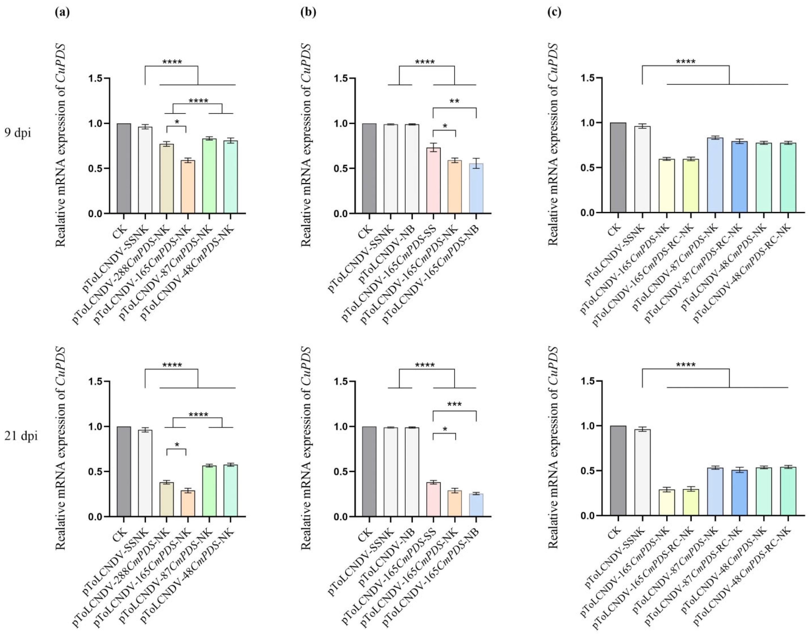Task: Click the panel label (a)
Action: click(x=62, y=13)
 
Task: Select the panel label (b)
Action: click(x=308, y=13)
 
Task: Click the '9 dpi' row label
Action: click(x=18, y=133)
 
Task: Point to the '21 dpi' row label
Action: click(x=21, y=436)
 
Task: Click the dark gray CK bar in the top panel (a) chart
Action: click(x=124, y=168)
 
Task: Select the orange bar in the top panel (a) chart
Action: click(x=188, y=187)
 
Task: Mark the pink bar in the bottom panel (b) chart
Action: click(x=433, y=499)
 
